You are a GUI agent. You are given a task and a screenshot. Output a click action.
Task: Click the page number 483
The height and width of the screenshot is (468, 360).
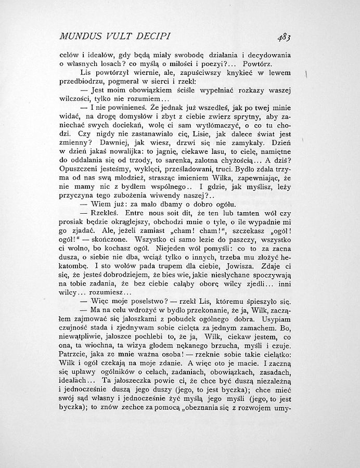(x=284, y=36)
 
